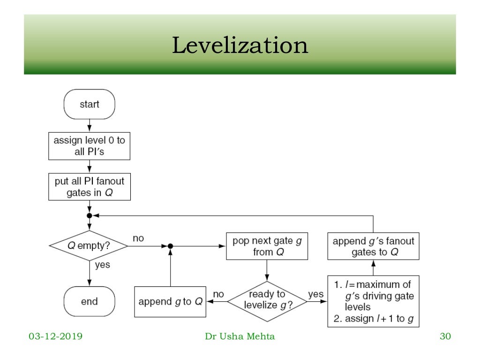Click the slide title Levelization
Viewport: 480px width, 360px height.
[240, 46]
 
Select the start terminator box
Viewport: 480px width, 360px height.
[89, 104]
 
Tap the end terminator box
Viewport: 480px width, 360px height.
[89, 301]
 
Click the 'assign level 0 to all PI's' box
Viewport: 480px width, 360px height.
[89, 146]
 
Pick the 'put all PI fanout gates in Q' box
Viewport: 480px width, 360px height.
[89, 187]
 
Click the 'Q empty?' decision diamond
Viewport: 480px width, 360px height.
[89, 245]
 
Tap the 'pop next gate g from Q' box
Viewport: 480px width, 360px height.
[267, 246]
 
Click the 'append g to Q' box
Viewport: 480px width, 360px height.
[171, 301]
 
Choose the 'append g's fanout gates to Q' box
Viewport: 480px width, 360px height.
[373, 246]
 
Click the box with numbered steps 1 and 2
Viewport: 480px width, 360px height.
[373, 301]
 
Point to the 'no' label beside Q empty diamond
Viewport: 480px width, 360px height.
[138, 238]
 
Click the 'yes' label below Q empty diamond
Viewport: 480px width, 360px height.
[102, 265]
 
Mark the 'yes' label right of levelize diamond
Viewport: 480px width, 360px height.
[315, 294]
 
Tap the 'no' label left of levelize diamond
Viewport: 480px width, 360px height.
[218, 294]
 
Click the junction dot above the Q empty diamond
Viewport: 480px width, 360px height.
[89, 216]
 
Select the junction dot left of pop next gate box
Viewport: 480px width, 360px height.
[171, 246]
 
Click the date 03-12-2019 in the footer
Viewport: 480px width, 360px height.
[55, 336]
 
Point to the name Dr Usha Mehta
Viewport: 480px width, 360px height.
[240, 336]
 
